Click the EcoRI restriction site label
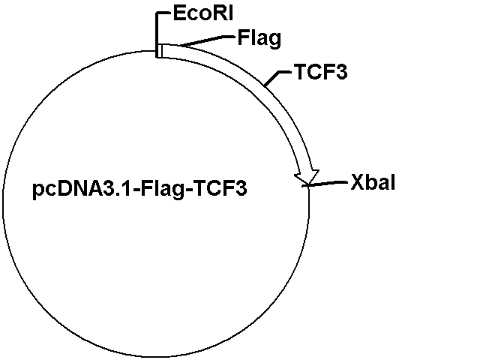tap(203, 13)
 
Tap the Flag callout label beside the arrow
tap(259, 38)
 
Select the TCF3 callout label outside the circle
tap(321, 72)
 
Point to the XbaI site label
tap(373, 182)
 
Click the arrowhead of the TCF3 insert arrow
tap(307, 177)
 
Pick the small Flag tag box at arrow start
tap(159, 51)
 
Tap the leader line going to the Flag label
tap(207, 41)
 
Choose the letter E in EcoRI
tap(179, 13)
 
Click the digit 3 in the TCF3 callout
tap(342, 72)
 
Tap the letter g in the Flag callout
tap(274, 40)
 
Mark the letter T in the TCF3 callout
tap(301, 72)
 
